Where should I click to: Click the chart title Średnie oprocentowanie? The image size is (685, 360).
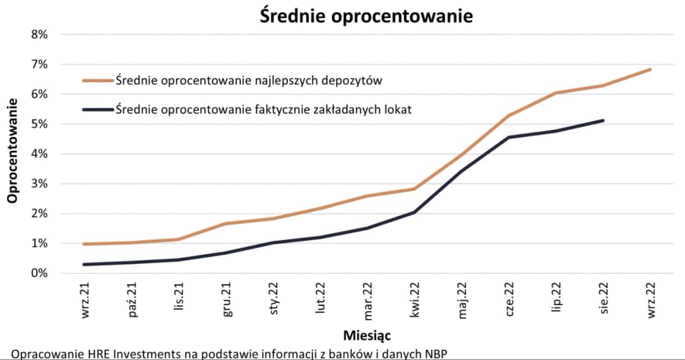pos(366,16)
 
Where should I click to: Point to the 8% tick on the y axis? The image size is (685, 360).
pos(39,34)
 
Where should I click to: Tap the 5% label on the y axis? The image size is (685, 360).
pos(39,124)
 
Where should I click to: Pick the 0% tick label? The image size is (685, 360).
pos(39,273)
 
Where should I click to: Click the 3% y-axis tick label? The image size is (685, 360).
pos(39,184)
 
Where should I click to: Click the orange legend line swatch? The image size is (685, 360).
pos(98,80)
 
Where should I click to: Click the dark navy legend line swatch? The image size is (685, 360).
pos(98,110)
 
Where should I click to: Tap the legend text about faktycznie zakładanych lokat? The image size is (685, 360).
pos(263,110)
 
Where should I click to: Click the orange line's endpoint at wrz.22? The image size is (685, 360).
pos(650,70)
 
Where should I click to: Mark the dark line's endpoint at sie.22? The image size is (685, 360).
pos(603,120)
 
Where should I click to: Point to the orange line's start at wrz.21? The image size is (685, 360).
pos(84,244)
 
